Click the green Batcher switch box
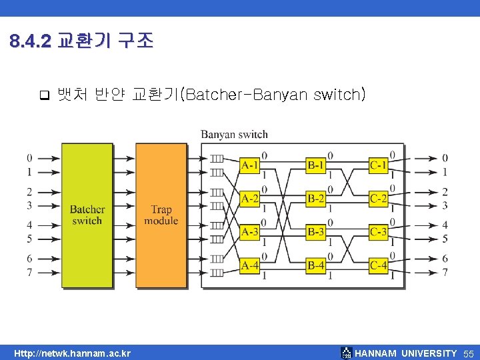point(87,215)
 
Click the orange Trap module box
point(161,215)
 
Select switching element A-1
point(250,165)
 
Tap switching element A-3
point(250,232)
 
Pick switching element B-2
point(316,199)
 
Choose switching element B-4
point(316,265)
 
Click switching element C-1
point(378,165)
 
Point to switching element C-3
point(378,232)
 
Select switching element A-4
point(250,265)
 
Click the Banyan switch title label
point(234,135)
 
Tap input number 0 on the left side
point(29,158)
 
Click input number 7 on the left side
point(29,272)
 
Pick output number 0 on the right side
point(445,158)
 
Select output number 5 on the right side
point(445,239)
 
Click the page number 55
point(469,353)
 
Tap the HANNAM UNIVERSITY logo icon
point(345,353)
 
